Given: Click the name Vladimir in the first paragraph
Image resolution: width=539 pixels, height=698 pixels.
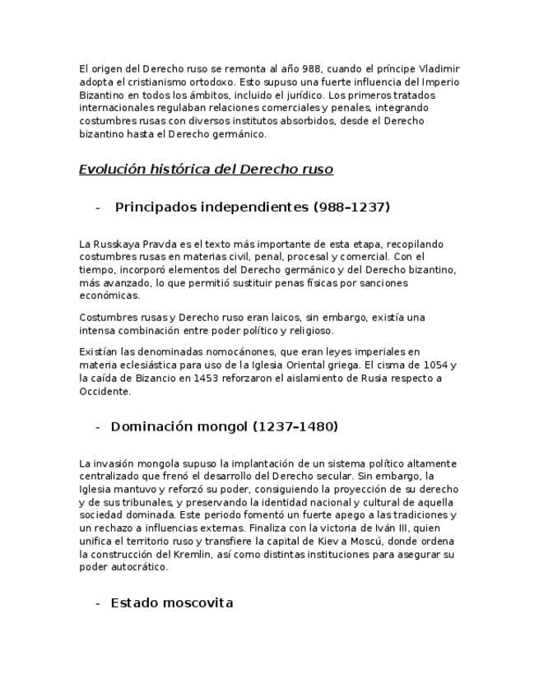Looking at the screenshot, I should (439, 69).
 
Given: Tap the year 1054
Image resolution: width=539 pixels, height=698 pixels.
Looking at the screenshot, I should (435, 365).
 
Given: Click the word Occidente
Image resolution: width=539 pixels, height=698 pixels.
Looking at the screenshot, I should (105, 392).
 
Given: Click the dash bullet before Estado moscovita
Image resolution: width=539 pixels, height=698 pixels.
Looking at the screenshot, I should (99, 603).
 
